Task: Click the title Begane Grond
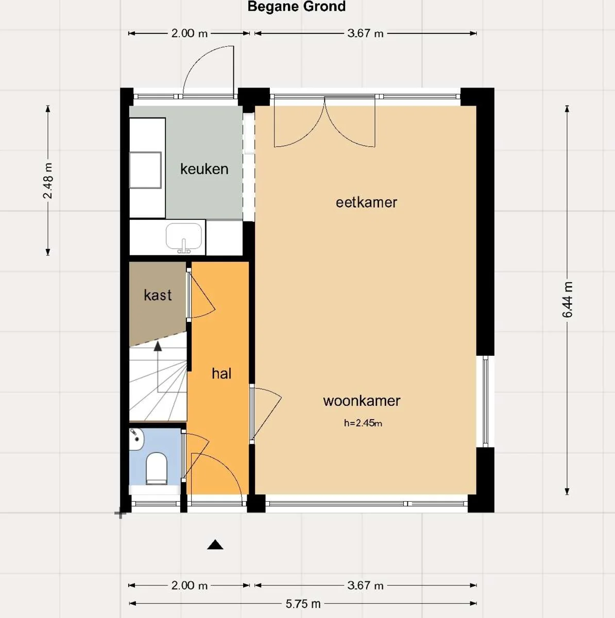[x=296, y=7]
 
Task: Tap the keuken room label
[x=204, y=169]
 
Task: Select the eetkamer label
[x=366, y=202]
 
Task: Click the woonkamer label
[x=362, y=401]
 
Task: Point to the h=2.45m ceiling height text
[x=363, y=423]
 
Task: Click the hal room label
[x=221, y=373]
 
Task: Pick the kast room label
[x=158, y=295]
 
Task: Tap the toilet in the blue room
[x=156, y=468]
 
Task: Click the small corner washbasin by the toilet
[x=136, y=438]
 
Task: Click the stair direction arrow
[x=158, y=347]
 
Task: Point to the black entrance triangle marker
[x=215, y=545]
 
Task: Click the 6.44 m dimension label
[x=567, y=300]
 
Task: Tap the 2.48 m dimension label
[x=47, y=181]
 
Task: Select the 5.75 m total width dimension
[x=303, y=604]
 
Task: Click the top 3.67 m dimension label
[x=365, y=33]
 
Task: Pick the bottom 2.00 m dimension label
[x=189, y=586]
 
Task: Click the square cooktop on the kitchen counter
[x=145, y=170]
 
